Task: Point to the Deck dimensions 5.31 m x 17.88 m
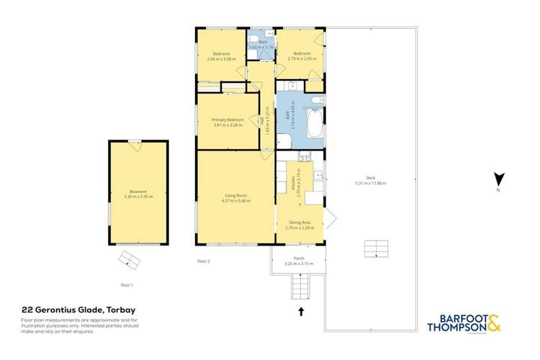click(x=371, y=184)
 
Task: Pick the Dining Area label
click(x=300, y=223)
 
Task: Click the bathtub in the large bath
click(x=315, y=124)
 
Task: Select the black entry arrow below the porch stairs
click(x=302, y=311)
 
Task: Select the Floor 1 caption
click(x=127, y=286)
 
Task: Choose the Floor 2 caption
click(x=203, y=261)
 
